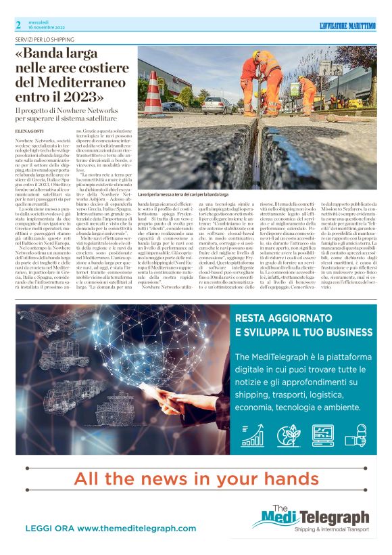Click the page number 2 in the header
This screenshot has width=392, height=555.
click(x=18, y=25)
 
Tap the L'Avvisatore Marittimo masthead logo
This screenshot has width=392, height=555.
click(x=347, y=26)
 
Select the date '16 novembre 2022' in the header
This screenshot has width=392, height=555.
click(x=47, y=29)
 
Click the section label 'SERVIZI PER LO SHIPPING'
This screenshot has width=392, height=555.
click(x=47, y=40)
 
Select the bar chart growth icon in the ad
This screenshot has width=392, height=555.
click(x=252, y=435)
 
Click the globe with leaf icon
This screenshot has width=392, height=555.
click(x=287, y=435)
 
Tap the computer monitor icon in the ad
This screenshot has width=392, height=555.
click(x=322, y=435)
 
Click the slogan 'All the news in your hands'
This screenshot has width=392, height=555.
click(x=196, y=479)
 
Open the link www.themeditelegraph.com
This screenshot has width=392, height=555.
click(x=110, y=528)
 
